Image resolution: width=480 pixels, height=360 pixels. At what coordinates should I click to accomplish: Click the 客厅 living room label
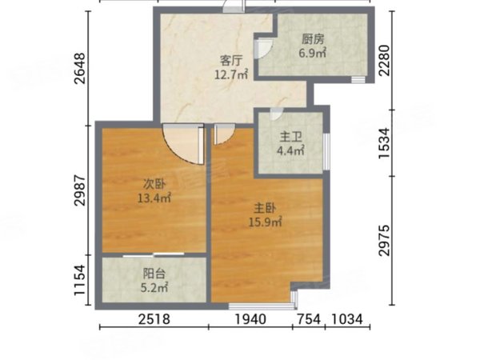[x=231, y=60]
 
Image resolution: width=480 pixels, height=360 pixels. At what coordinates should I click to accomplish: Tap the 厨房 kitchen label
[x=313, y=39]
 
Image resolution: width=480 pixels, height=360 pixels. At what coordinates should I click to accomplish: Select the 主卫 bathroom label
[x=290, y=138]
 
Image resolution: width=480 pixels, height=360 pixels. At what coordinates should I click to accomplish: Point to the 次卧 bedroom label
[x=154, y=184]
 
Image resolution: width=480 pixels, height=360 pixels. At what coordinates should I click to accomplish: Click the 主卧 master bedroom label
[x=265, y=209]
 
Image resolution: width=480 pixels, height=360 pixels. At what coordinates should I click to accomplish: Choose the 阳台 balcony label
[x=154, y=274]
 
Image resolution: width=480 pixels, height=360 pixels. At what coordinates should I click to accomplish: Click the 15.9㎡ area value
[x=265, y=222]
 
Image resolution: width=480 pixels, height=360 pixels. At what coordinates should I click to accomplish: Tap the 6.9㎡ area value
[x=313, y=54]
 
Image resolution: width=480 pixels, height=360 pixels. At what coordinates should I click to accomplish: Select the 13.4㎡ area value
[x=154, y=198]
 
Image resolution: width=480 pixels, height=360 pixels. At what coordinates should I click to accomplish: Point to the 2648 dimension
[x=80, y=69]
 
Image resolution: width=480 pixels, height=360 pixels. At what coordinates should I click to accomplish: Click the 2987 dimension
[x=80, y=190]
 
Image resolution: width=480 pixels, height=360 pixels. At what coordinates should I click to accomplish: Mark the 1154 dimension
[x=80, y=280]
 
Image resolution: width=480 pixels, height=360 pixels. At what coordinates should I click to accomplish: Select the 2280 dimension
[x=384, y=60]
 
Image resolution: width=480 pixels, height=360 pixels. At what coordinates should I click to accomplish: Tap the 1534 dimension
[x=384, y=143]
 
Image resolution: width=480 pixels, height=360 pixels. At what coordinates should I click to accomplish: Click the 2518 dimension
[x=154, y=319]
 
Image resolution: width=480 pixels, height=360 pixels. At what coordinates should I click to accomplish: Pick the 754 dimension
[x=309, y=319]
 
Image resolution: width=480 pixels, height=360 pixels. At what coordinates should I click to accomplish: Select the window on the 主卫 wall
[x=326, y=151]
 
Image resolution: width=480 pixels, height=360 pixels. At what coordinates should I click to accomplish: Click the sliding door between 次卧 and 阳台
[x=154, y=254]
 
